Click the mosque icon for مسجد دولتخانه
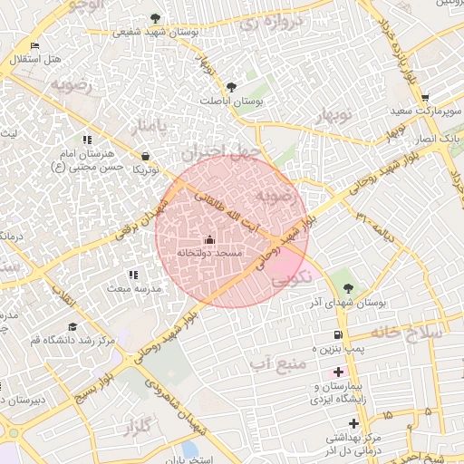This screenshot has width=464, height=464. pyautogui.click(x=210, y=240)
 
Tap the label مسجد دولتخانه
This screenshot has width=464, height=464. pyautogui.click(x=209, y=253)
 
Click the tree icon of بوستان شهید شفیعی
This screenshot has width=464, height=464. pyautogui.click(x=155, y=17)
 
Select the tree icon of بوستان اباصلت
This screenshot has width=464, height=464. pyautogui.click(x=231, y=88)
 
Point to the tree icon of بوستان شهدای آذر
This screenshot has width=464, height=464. pyautogui.click(x=348, y=287)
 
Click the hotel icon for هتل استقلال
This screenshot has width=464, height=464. pyautogui.click(x=34, y=45)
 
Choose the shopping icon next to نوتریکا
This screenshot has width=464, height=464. pyautogui.click(x=146, y=157)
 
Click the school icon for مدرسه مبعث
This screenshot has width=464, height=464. pyautogui.click(x=133, y=275)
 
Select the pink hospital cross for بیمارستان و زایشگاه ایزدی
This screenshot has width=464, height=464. pyautogui.click(x=339, y=372)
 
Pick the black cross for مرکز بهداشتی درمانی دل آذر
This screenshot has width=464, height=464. pyautogui.click(x=353, y=423)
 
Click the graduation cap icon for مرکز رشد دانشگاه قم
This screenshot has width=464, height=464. pyautogui.click(x=72, y=326)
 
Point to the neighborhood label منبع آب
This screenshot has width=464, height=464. pyautogui.click(x=272, y=362)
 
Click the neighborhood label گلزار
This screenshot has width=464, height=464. pyautogui.click(x=137, y=426)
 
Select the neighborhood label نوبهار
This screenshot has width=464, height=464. pyautogui.click(x=332, y=116)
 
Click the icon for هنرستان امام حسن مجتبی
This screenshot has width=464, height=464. pyautogui.click(x=87, y=140)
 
